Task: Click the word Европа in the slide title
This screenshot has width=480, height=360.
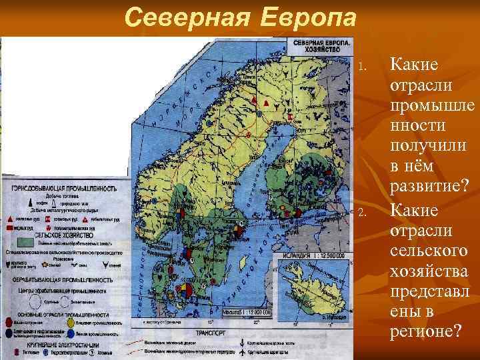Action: [306, 16]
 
